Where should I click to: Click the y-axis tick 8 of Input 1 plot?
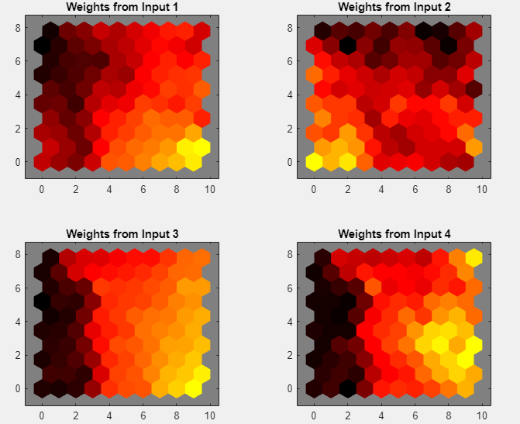17,27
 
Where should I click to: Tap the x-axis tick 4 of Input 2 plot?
381,189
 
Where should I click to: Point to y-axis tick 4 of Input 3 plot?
17,321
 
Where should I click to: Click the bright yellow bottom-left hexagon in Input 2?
314,162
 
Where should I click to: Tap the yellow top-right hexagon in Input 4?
474,258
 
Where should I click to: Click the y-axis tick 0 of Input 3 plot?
17,388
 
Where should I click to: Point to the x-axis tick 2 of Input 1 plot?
75,189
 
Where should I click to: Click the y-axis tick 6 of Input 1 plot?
17,61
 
